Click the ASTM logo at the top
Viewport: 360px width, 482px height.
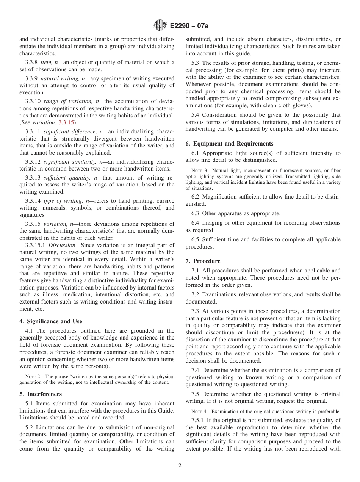[x=159, y=26]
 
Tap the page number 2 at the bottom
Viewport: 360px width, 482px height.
[x=180, y=466]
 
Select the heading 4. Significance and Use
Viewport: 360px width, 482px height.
[x=51, y=321]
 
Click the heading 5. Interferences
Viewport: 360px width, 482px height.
[x=41, y=394]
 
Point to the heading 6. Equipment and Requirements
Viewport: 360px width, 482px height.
[x=229, y=144]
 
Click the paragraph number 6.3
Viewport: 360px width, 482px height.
[x=196, y=214]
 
